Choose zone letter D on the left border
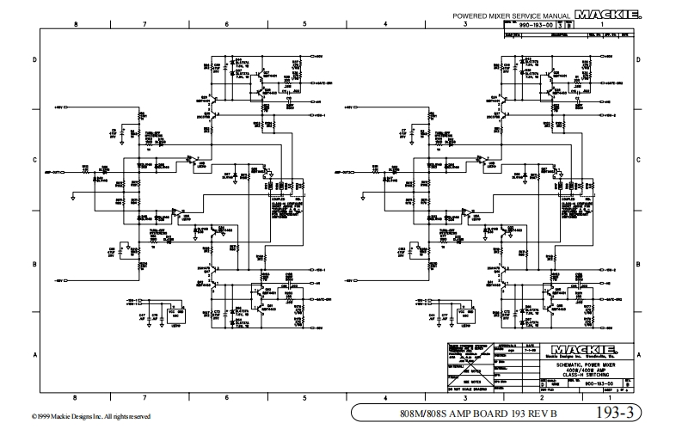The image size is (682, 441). pyautogui.click(x=34, y=59)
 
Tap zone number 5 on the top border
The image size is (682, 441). pyautogui.click(x=304, y=25)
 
